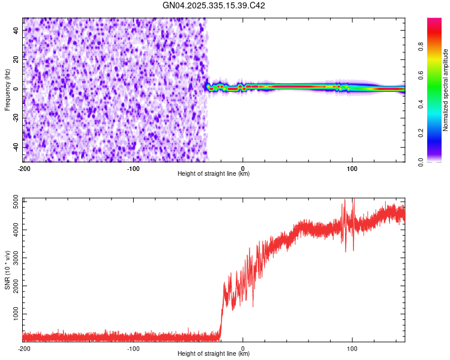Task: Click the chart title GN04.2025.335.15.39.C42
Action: point(214,5)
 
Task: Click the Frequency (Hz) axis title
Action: point(7,90)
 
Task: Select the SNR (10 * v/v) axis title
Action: point(7,270)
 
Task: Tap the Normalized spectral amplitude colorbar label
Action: point(446,90)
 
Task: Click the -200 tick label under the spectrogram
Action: point(24,168)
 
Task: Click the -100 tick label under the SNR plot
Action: point(133,348)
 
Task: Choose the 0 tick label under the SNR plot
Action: point(242,348)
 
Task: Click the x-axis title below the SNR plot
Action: point(214,354)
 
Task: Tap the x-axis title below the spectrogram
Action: point(214,174)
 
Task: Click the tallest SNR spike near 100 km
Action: point(353,200)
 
